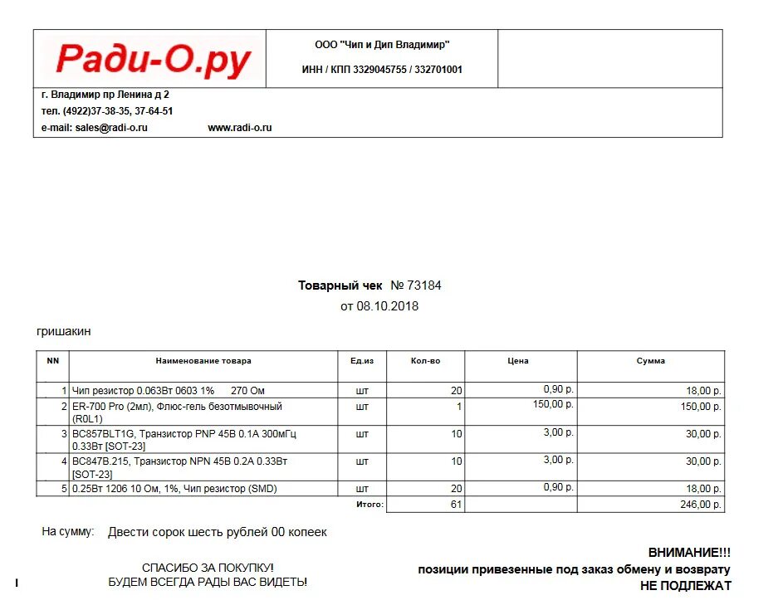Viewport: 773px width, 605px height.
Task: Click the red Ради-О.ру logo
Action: point(153,60)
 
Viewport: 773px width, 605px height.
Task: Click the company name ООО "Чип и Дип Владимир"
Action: point(382,45)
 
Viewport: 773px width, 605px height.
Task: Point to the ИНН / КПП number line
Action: point(382,70)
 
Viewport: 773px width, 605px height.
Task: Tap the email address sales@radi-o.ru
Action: point(110,128)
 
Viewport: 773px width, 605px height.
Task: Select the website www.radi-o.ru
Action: point(240,128)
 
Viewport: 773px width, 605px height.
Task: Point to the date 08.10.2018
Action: point(388,306)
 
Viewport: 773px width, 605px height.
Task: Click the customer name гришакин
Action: point(64,331)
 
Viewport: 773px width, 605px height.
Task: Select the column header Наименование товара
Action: point(203,361)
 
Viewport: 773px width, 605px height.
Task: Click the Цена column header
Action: point(518,361)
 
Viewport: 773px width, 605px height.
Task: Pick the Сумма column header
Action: point(651,361)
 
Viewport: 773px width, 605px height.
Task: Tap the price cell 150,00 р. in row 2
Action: point(553,404)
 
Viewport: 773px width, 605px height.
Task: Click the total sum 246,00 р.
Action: point(701,504)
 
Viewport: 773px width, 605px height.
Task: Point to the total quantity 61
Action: point(456,504)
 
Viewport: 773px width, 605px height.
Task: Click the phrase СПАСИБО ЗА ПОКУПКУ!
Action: point(208,568)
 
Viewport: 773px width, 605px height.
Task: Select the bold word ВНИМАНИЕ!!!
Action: point(689,552)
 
